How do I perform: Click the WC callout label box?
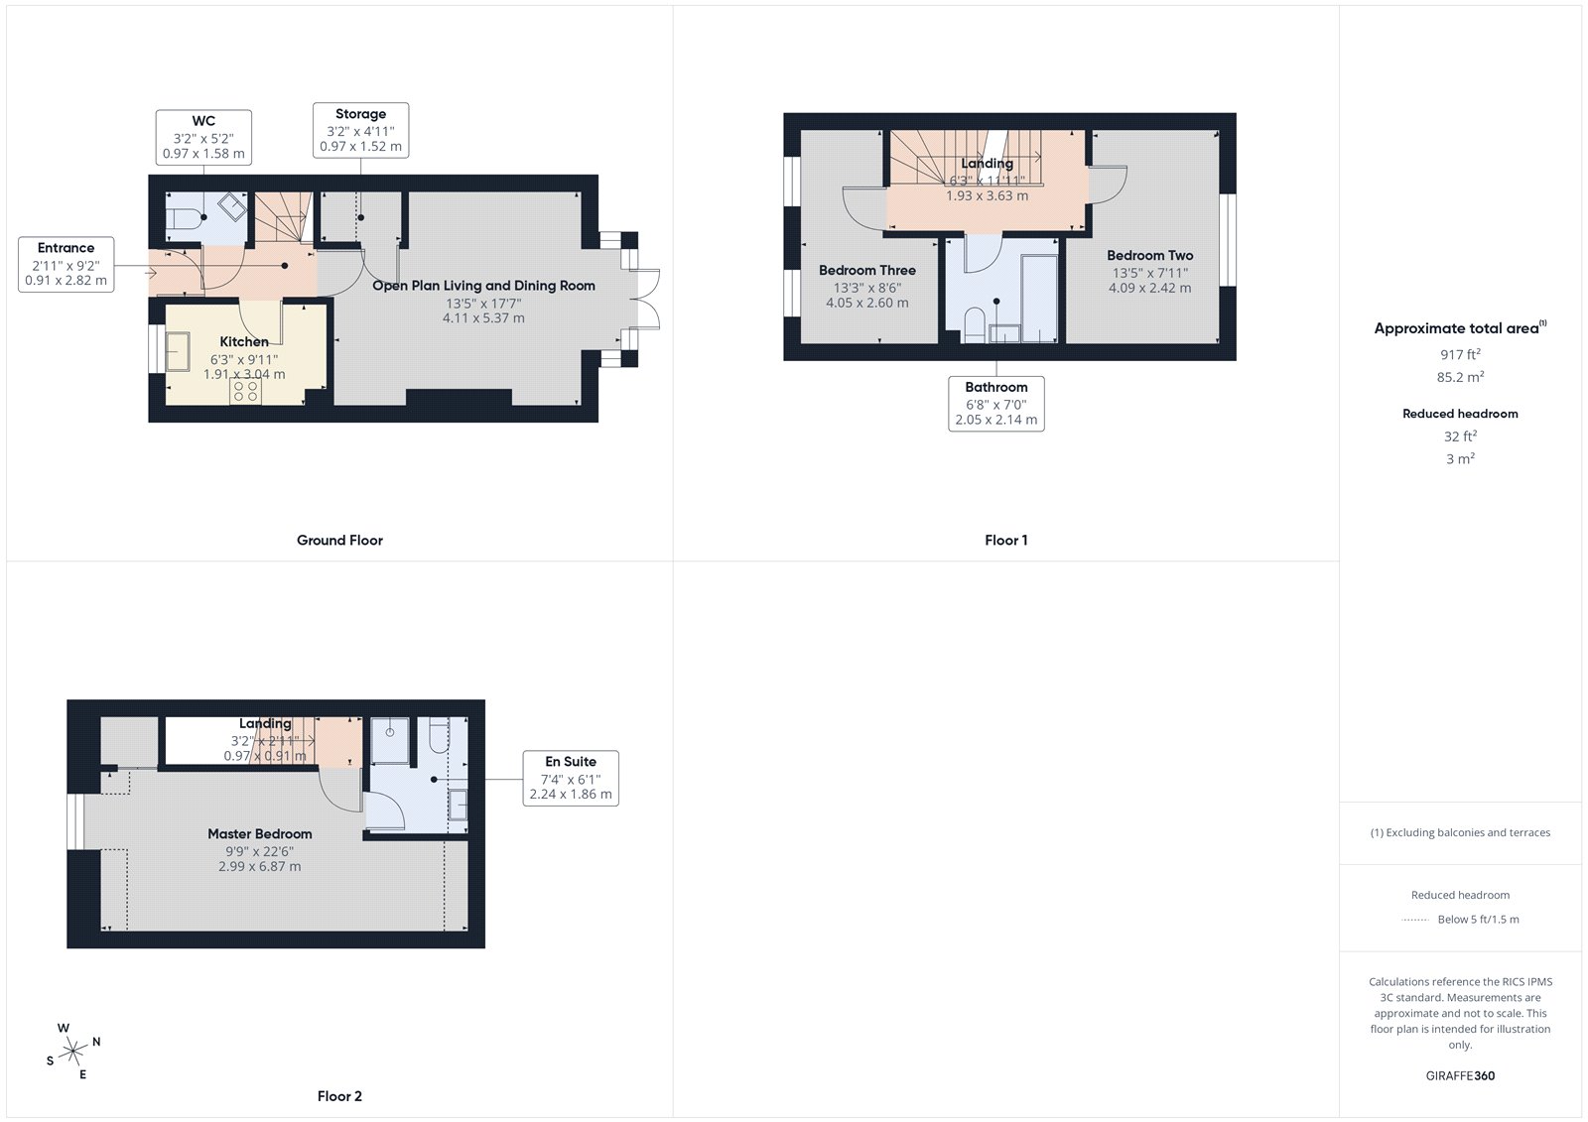[203, 137]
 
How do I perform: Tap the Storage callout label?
[360, 130]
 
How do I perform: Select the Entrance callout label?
[66, 264]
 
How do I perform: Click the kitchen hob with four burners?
[245, 391]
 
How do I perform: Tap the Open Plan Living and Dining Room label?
[483, 286]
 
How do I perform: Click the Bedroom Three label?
[866, 270]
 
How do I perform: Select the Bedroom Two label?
[1149, 255]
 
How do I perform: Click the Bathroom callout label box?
[995, 403]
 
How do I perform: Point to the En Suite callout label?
[571, 778]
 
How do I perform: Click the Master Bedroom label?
[260, 834]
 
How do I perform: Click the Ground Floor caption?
[339, 541]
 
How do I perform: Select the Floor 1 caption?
[1005, 541]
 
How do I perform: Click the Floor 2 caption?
[339, 1096]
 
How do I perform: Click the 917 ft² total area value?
[1460, 354]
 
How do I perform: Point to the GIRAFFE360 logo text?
[1460, 1075]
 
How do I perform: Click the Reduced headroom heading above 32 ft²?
[1460, 414]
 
